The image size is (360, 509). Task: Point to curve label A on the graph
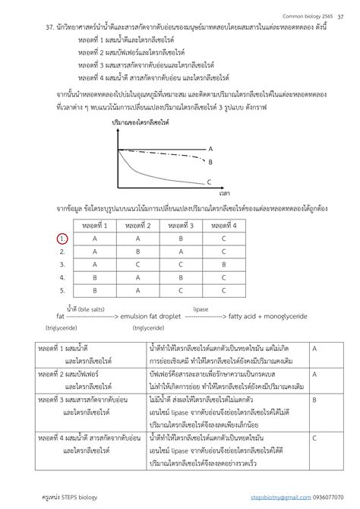[x=210, y=149]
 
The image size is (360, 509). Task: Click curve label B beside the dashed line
[x=210, y=161]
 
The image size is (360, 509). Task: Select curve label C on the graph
[x=209, y=182]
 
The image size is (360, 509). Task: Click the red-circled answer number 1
[x=62, y=239]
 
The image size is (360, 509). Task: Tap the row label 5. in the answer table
[x=62, y=289]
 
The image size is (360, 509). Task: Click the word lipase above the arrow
[x=201, y=309]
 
